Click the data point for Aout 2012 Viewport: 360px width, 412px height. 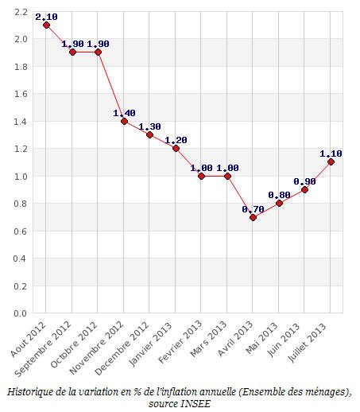47,25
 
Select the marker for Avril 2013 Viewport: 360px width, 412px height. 254,217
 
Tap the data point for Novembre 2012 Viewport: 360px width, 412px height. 124,121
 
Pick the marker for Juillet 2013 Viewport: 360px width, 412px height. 331,161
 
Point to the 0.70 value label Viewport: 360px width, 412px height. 253,208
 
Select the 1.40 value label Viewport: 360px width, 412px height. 124,112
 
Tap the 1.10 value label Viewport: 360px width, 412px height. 331,153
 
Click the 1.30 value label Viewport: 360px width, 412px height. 149,126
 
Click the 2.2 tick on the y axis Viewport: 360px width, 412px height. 21,11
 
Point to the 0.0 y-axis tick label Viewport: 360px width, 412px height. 21,313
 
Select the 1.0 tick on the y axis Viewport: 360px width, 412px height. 21,176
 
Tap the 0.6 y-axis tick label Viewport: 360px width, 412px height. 21,231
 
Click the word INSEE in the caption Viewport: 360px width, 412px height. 198,403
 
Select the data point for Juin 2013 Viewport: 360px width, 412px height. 305,189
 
